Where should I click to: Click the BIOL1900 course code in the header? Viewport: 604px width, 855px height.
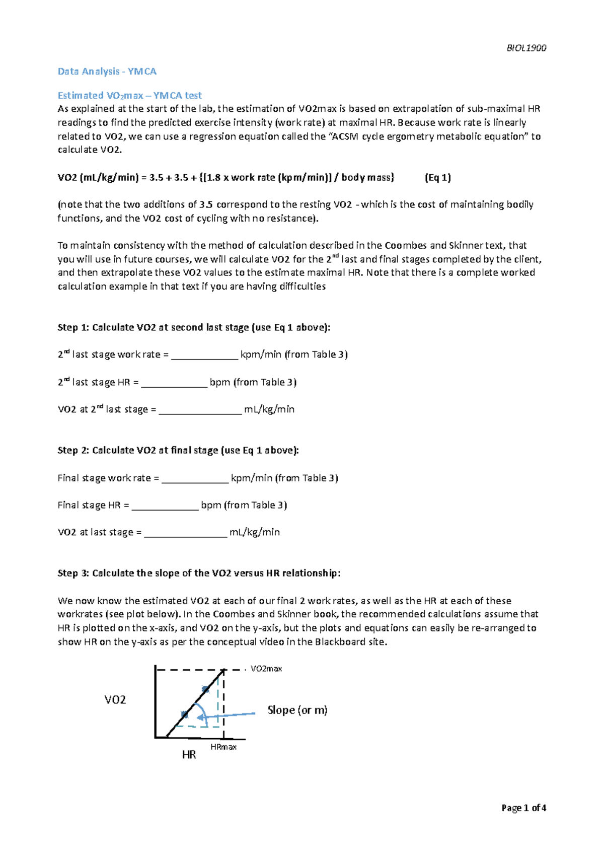tap(526, 48)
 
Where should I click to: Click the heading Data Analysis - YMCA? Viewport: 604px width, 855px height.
tap(107, 72)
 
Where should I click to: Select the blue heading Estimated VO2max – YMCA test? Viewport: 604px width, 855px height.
tap(129, 96)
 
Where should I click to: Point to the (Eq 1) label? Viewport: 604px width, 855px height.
tap(437, 177)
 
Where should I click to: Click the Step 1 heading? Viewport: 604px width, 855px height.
tap(194, 327)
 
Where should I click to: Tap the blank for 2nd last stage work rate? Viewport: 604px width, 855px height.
tap(204, 355)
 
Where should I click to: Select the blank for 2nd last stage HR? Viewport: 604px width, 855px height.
tap(174, 383)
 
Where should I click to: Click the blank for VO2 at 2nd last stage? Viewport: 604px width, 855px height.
tap(200, 410)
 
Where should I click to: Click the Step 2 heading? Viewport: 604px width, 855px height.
tap(178, 450)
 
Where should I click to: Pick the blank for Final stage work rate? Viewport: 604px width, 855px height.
tap(195, 479)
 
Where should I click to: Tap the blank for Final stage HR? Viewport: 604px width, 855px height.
tap(165, 506)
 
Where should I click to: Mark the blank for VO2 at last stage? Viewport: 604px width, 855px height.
tap(186, 533)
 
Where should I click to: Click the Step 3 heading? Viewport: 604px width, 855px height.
tap(199, 573)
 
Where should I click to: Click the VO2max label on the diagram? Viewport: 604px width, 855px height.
tap(266, 669)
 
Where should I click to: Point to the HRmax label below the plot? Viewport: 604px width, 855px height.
tap(223, 747)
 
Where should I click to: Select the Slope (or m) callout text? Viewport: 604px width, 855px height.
tap(297, 710)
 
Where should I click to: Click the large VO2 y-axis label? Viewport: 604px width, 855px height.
tap(115, 700)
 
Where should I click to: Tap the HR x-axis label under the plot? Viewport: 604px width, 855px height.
tap(189, 754)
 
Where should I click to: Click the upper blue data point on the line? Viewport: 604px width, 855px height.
tap(205, 689)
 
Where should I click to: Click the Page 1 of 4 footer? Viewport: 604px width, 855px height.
tap(523, 808)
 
